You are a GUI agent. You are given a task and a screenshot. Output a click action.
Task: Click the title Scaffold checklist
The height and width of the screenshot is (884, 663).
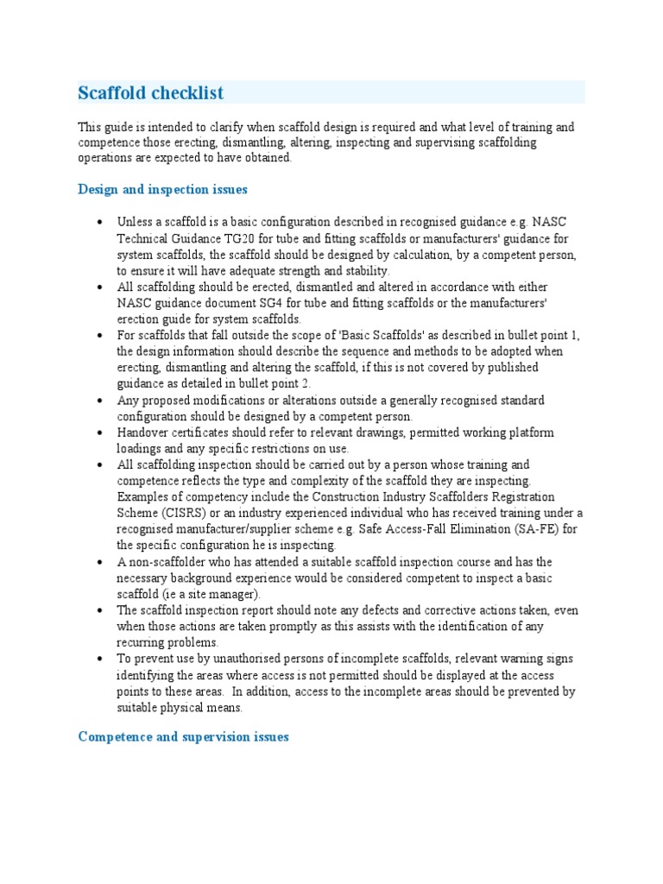[x=151, y=92]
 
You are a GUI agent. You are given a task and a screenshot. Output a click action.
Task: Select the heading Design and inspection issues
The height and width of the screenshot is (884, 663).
[x=163, y=189]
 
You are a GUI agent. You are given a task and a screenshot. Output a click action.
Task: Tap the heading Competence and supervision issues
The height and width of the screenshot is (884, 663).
[x=183, y=736]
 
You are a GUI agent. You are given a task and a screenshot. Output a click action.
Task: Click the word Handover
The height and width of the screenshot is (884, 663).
[x=144, y=433]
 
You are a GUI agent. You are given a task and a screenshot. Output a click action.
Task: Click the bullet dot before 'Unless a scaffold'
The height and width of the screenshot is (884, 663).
[x=102, y=222]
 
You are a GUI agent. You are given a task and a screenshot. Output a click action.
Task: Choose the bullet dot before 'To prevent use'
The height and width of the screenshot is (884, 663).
[x=102, y=659]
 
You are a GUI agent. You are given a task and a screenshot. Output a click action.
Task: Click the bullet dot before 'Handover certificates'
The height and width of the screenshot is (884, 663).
[x=102, y=433]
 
